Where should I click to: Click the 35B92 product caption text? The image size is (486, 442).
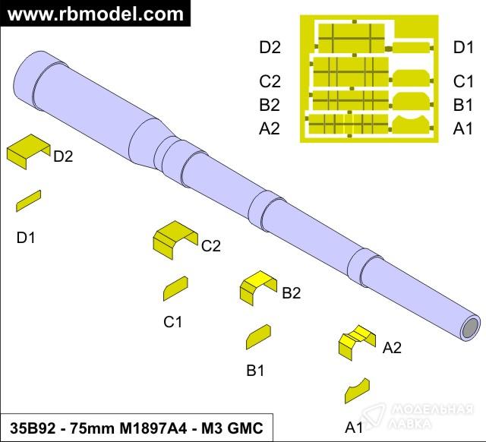136,428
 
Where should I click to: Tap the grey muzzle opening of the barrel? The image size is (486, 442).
470,329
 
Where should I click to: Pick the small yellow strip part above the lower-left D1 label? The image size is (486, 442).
28,200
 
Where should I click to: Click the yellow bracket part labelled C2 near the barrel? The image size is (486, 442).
175,238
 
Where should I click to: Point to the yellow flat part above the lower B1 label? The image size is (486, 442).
258,336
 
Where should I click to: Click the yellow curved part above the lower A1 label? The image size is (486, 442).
356,390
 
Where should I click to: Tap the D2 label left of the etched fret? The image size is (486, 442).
270,48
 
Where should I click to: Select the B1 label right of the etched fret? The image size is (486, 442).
464,105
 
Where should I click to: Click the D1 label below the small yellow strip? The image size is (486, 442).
26,238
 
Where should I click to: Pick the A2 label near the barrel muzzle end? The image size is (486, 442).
392,349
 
